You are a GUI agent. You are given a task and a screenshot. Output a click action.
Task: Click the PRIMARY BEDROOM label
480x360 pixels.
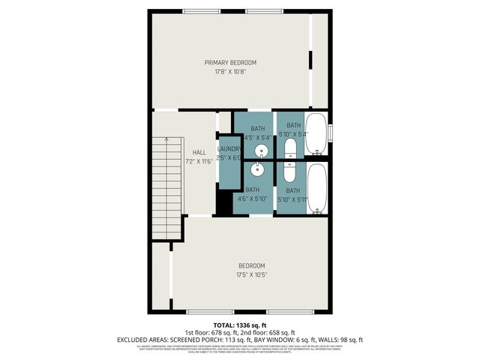(231, 62)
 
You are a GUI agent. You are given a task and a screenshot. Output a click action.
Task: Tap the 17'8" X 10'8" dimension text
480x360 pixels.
(231, 72)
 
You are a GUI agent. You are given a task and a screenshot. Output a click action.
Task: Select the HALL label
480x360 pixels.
(199, 152)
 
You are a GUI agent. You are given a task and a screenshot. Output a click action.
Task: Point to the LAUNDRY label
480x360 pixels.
(229, 149)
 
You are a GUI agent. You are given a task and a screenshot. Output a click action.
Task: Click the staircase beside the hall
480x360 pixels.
(166, 188)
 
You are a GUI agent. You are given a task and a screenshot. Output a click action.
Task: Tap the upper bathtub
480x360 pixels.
(316, 133)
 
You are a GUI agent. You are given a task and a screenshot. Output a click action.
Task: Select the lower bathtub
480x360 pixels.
(316, 187)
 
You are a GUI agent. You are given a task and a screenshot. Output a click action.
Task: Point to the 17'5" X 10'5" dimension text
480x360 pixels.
(251, 274)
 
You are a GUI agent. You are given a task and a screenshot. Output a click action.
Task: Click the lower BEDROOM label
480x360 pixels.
(251, 265)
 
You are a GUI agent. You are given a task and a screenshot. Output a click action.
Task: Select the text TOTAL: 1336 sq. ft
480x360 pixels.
(240, 325)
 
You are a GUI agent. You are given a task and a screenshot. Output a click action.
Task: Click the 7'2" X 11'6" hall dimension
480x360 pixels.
(199, 161)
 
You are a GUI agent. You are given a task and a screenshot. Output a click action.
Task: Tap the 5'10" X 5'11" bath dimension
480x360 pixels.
(293, 199)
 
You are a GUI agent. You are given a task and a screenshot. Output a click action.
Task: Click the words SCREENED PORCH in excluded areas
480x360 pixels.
(193, 340)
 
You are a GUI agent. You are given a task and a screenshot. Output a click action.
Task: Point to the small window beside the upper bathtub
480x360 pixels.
(330, 133)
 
